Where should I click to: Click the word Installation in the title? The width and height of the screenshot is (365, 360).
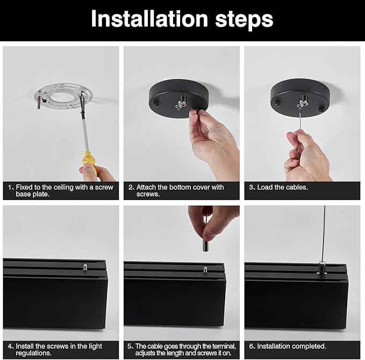(149, 19)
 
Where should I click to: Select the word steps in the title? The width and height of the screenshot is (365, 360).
(244, 20)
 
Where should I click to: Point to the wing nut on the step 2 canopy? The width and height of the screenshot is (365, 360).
(181, 103)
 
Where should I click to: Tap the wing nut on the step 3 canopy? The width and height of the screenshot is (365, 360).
(303, 103)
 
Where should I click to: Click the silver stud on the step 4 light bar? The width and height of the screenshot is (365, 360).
(85, 267)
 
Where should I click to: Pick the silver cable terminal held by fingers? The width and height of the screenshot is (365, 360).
(205, 246)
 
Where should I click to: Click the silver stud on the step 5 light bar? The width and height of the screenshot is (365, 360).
(205, 270)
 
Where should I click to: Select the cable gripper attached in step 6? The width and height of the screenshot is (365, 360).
(321, 268)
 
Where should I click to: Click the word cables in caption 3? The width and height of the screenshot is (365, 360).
(296, 188)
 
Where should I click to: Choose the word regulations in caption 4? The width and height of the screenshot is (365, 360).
(34, 353)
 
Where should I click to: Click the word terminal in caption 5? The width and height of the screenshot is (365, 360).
(224, 346)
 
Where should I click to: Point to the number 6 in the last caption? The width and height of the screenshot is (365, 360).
(251, 346)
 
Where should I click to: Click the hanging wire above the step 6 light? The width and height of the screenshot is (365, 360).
(324, 234)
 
